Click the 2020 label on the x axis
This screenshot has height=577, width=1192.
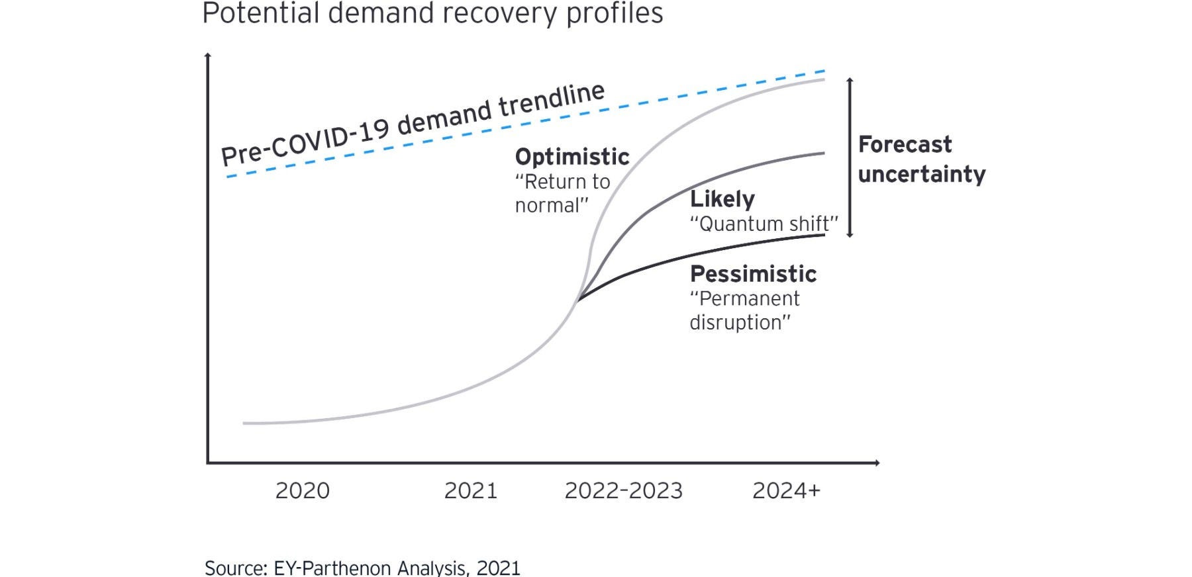302,490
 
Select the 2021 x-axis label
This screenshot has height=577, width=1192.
470,490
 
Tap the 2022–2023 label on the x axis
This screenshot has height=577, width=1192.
623,490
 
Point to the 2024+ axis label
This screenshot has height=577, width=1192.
786,490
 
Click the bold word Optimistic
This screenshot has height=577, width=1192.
572,157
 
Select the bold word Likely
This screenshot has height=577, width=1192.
722,199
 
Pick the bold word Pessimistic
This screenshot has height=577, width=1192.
753,274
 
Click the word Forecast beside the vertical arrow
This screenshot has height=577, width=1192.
905,144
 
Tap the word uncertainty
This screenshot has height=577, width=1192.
921,174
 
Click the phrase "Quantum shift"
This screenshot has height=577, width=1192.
764,224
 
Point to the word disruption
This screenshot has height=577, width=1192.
740,323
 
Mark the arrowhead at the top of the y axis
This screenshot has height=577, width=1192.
208,56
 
